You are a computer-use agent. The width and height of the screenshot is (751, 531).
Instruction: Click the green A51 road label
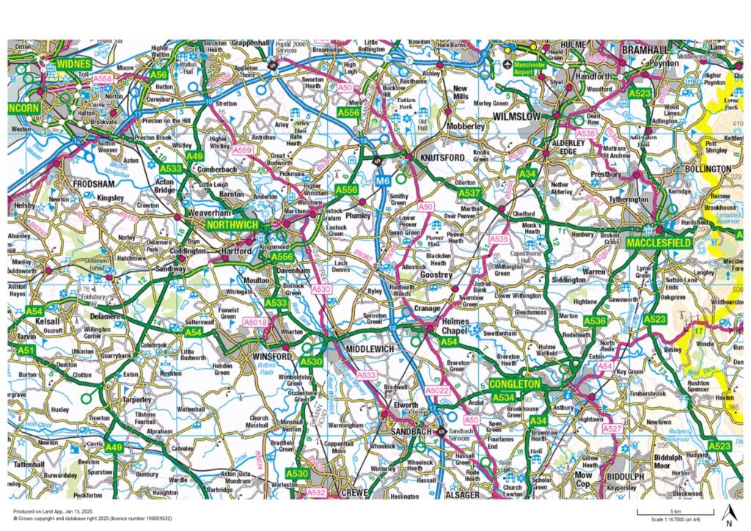click(x=26, y=351)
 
